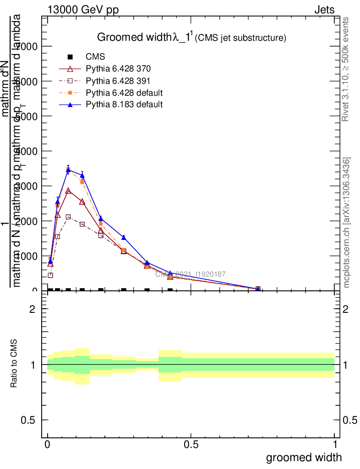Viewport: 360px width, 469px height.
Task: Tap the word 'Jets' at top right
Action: pyautogui.click(x=324, y=10)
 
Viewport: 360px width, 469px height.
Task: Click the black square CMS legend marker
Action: pyautogui.click(x=70, y=57)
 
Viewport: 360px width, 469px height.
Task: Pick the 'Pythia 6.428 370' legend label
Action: pyautogui.click(x=118, y=69)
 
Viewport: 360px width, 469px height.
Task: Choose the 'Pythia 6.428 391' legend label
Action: pyautogui.click(x=118, y=81)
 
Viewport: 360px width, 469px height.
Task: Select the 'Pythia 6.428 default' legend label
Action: pyautogui.click(x=124, y=93)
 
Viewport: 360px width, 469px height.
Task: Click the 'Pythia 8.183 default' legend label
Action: pyautogui.click(x=124, y=104)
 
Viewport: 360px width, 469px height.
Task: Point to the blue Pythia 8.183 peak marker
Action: pyautogui.click(x=68, y=170)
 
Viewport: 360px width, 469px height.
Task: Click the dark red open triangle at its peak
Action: pyautogui.click(x=68, y=191)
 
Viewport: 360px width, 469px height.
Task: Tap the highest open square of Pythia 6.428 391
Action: pyautogui.click(x=68, y=217)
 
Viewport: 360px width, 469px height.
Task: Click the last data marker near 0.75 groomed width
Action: pyautogui.click(x=258, y=289)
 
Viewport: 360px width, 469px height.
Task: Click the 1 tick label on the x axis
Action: pyautogui.click(x=335, y=445)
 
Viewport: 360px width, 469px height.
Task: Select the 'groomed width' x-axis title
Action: pyautogui.click(x=304, y=457)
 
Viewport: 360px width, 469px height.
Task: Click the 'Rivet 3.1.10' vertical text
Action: pyautogui.click(x=346, y=69)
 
